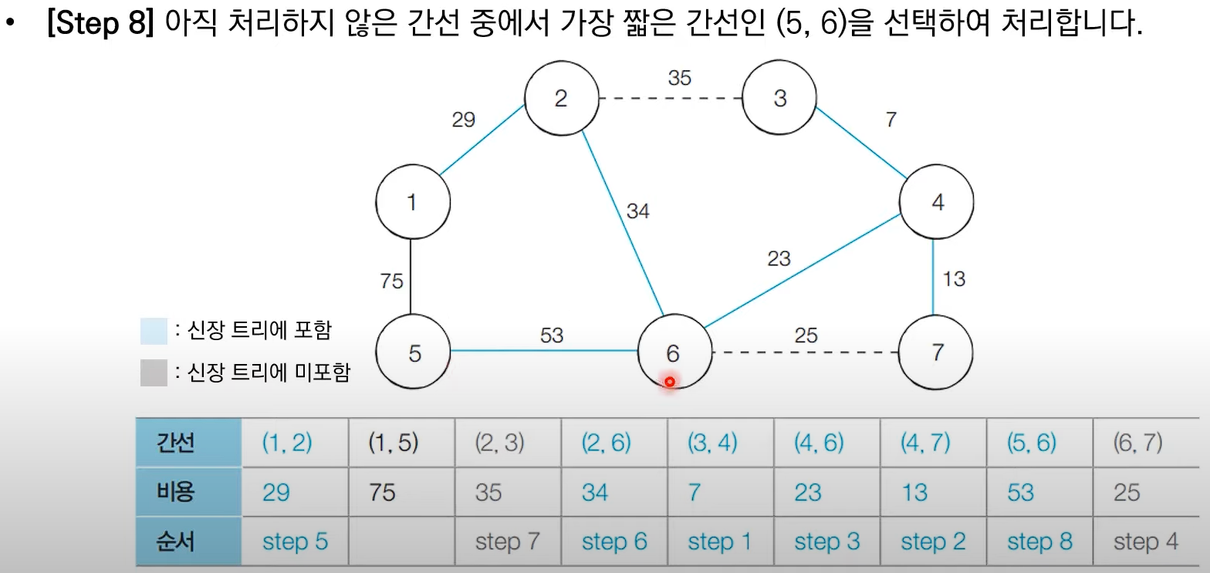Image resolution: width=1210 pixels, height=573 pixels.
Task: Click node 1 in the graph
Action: (x=413, y=202)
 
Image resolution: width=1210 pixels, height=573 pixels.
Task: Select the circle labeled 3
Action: (x=779, y=99)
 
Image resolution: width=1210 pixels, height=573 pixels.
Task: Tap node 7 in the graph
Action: (x=937, y=353)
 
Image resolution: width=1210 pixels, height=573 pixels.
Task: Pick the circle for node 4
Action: (x=937, y=203)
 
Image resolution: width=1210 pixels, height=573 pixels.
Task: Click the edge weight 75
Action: (x=391, y=281)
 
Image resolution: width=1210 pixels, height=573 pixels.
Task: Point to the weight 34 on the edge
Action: (x=637, y=211)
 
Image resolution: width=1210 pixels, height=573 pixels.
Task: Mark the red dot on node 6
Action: (x=670, y=382)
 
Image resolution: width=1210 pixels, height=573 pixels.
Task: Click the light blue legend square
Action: (x=154, y=331)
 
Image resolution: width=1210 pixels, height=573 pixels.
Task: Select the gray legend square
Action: (x=154, y=373)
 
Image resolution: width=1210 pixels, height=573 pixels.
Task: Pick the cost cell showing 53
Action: (x=1020, y=492)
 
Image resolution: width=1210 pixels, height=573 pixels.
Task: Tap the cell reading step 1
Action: (x=719, y=541)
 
